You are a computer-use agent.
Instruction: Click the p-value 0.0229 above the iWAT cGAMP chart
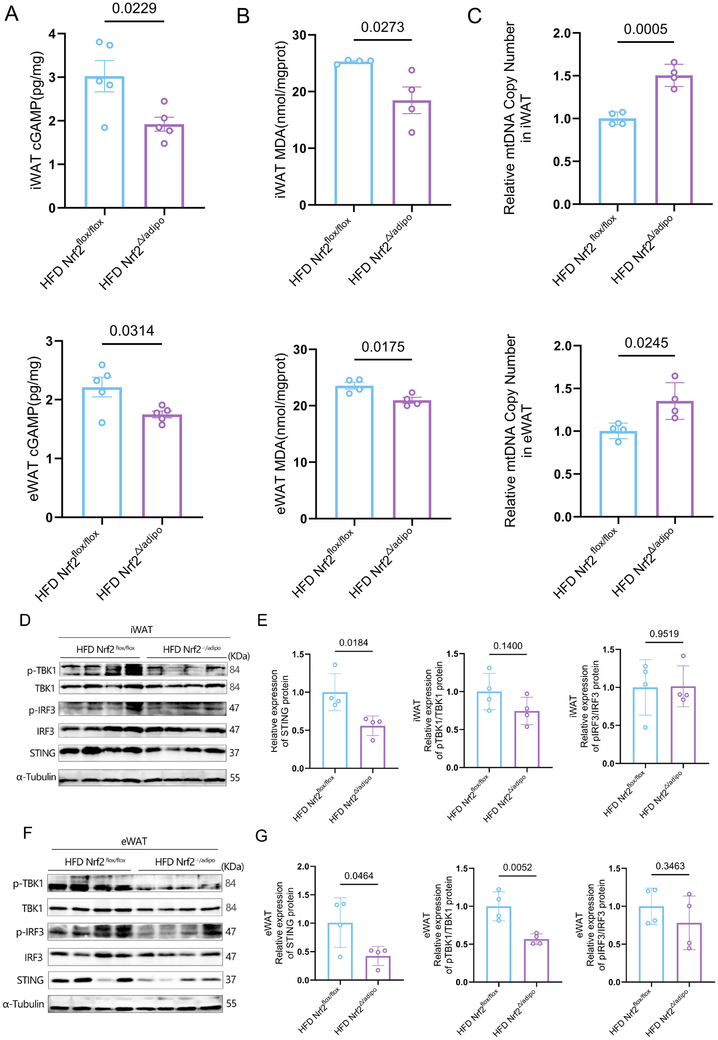134,9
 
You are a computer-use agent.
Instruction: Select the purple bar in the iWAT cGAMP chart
164,166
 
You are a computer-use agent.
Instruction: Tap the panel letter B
243,17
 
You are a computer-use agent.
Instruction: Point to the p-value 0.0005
645,29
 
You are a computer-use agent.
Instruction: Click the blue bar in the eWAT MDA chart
354,452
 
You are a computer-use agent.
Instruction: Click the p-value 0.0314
132,331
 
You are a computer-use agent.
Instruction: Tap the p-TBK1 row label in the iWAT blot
42,671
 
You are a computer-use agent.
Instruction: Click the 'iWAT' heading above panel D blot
141,629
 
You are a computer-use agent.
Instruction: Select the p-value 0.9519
664,634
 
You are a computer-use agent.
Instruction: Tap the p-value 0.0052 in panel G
517,867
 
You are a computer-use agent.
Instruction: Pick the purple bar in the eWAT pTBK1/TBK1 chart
536,960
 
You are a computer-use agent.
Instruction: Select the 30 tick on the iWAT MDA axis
299,35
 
